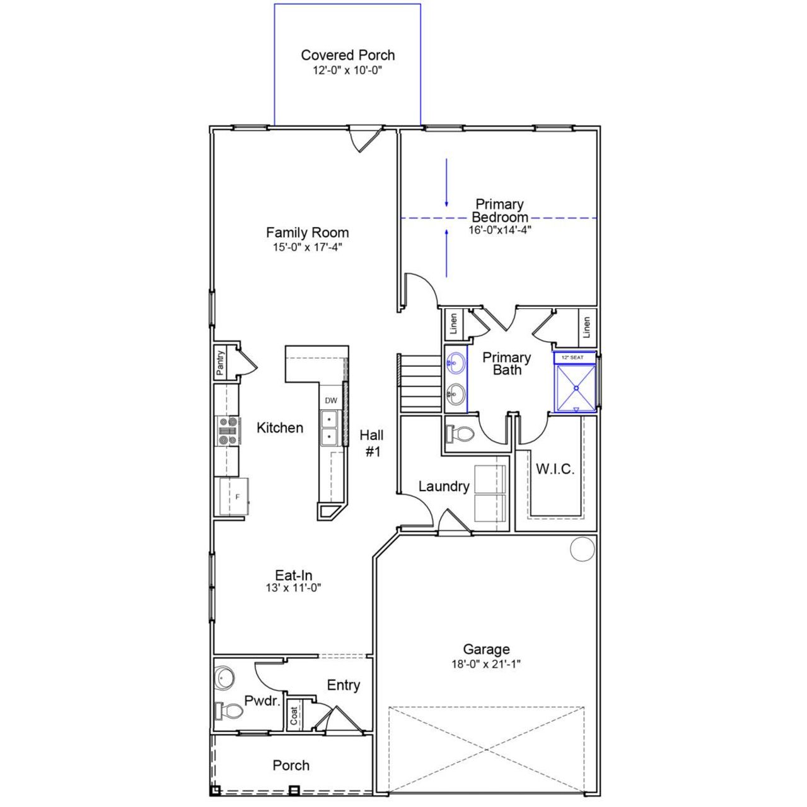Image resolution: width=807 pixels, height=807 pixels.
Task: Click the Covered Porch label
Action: pos(347,55)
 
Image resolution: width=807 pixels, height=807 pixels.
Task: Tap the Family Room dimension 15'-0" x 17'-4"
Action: pos(307,248)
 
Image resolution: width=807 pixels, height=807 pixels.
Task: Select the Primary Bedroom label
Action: pos(499,211)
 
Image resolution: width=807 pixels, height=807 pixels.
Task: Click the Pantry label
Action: pos(220,364)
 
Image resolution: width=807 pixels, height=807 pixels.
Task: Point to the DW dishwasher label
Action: pos(331,400)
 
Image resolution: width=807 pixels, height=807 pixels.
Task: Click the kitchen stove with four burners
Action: pos(228,431)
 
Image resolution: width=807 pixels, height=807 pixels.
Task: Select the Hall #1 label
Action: pos(372,443)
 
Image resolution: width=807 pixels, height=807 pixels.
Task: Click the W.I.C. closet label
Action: pos(555,469)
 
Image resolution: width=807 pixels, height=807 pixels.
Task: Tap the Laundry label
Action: pos(444,486)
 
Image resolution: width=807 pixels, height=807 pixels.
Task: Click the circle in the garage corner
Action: pos(583,549)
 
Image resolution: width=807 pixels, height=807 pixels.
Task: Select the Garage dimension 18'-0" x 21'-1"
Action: pos(486,664)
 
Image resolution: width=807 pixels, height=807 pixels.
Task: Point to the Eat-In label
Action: pos(294,575)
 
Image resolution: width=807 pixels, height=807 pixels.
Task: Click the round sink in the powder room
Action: pos(224,678)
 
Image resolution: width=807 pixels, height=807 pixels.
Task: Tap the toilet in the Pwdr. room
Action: pos(228,711)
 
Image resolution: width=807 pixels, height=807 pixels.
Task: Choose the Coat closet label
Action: pos(294,716)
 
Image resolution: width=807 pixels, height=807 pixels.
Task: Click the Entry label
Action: pos(344,685)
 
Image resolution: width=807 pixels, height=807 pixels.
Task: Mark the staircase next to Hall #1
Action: pos(421,384)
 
